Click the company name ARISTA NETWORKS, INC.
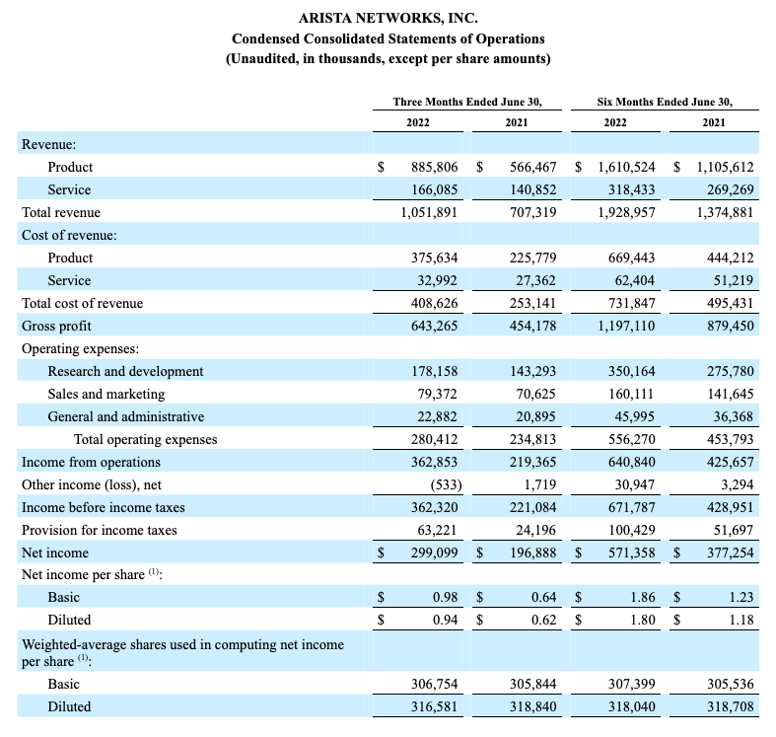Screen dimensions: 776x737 click(388, 19)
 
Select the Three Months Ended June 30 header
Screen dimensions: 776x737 click(467, 102)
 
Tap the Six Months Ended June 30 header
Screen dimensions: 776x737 click(665, 102)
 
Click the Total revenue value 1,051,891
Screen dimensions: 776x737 click(429, 212)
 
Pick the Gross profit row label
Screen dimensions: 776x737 click(56, 326)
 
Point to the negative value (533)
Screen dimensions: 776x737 click(446, 484)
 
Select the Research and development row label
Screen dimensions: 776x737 click(125, 372)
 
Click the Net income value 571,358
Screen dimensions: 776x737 click(631, 553)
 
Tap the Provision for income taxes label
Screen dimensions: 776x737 click(99, 531)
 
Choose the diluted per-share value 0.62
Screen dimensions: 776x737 click(544, 621)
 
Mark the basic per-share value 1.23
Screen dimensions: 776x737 click(741, 597)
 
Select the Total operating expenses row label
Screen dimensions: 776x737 click(146, 440)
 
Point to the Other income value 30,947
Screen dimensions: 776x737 click(634, 484)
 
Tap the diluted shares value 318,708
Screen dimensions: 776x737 click(730, 706)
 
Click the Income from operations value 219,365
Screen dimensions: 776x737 click(533, 462)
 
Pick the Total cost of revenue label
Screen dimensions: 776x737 click(82, 303)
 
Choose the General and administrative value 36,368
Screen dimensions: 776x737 click(734, 417)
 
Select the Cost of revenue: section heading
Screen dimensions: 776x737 click(69, 235)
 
